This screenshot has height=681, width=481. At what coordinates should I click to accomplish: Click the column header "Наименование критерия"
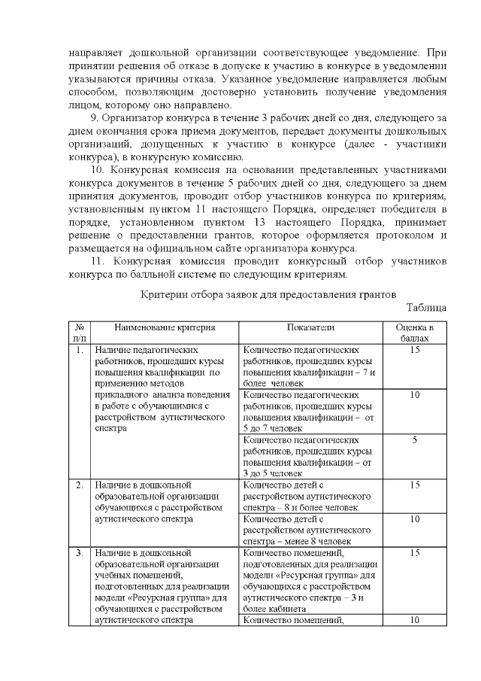[165, 327]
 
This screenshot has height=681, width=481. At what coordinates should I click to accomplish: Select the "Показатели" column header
[310, 327]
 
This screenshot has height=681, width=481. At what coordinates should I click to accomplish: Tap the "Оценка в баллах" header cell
[414, 333]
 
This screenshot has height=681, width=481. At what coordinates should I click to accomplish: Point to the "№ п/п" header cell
[79, 333]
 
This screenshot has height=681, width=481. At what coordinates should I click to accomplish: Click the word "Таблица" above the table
[426, 308]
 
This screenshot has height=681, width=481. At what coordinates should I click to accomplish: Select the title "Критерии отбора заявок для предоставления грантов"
[268, 293]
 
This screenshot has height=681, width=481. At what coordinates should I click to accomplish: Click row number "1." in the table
[79, 350]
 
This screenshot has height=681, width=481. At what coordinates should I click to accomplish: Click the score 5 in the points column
[414, 439]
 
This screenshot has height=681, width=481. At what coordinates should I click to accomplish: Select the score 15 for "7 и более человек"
[414, 350]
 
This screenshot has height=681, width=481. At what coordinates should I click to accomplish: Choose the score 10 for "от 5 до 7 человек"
[414, 394]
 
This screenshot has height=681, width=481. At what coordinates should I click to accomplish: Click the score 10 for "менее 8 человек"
[414, 518]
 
